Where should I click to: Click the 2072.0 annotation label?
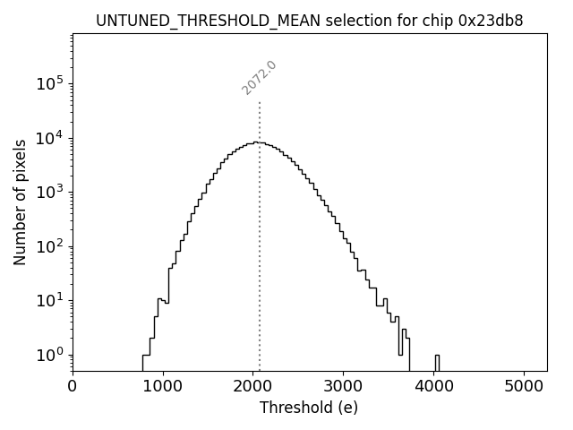[x=260, y=78]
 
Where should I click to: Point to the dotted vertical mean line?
[x=260, y=224]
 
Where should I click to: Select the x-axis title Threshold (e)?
[x=309, y=408]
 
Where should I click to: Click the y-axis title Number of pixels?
[x=20, y=202]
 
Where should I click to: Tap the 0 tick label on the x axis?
[x=73, y=387]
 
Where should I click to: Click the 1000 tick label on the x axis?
[x=163, y=387]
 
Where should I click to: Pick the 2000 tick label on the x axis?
[x=253, y=387]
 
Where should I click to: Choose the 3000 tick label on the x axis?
[x=344, y=387]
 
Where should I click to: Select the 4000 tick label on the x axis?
[x=434, y=387]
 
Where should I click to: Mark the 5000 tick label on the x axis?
[x=525, y=387]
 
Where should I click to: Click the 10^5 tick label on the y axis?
[x=49, y=83]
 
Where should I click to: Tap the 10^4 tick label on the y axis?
[x=49, y=138]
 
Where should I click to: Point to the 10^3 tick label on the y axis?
[x=49, y=192]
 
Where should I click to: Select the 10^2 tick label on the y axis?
[x=49, y=246]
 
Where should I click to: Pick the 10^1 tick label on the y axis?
[x=49, y=300]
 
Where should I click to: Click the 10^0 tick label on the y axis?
[x=49, y=355]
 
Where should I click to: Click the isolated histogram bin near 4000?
[x=437, y=361]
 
